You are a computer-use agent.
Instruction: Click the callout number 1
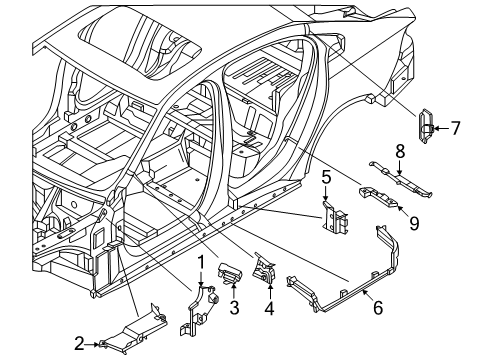pos(201,263)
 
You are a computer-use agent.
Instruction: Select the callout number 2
pos(79,344)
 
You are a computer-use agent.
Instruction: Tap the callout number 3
pos(234,308)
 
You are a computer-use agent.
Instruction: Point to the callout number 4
pos(269,308)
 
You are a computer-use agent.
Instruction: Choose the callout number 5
pos(326,177)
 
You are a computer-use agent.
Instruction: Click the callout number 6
pos(378,308)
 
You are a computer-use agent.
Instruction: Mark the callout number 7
pos(455,128)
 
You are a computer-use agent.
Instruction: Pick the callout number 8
pos(400,151)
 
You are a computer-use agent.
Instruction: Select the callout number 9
pos(414,223)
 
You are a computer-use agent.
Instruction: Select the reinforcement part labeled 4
pos(264,269)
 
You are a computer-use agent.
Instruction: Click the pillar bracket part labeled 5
pos(334,217)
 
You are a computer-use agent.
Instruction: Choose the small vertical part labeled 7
pos(425,126)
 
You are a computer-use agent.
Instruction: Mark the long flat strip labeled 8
pos(400,180)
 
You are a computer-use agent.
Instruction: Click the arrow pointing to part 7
pos(441,128)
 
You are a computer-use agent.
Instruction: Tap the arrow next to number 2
pos(92,344)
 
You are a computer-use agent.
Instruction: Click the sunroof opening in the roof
pos(140,42)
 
